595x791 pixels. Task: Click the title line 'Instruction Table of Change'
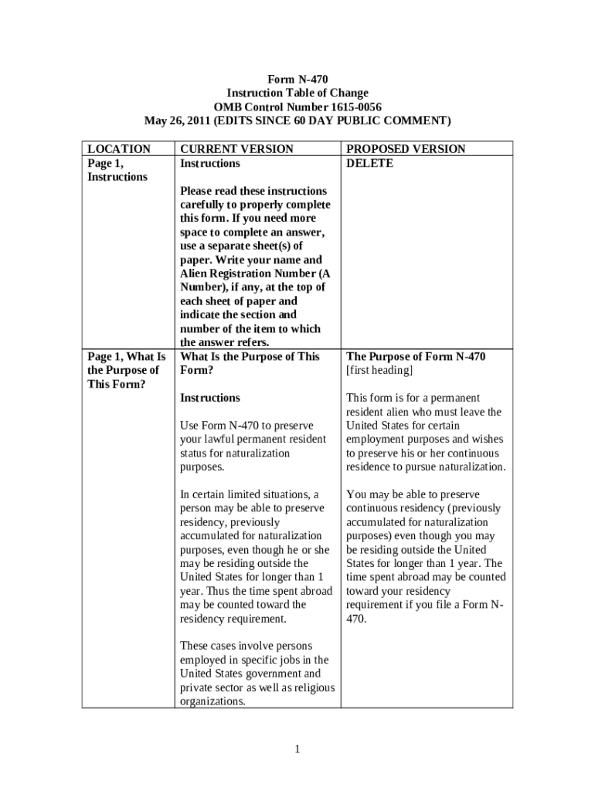297,93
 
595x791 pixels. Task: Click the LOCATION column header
119,148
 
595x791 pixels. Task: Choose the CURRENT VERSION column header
236,148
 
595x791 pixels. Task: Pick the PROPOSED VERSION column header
406,148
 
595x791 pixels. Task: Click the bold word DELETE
369,163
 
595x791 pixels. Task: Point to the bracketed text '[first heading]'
379,370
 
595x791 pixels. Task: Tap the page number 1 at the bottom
297,749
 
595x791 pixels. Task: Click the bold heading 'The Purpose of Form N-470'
416,356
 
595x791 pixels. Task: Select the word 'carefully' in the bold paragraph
205,205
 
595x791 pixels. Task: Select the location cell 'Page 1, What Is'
127,356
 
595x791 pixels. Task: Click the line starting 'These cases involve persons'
246,646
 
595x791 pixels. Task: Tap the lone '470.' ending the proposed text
356,619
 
